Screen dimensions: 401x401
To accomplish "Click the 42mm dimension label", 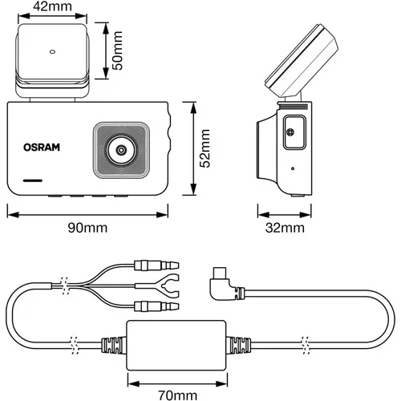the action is click(x=52, y=6).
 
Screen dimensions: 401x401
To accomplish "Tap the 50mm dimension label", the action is click(x=117, y=51).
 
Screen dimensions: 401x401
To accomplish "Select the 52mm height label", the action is click(x=205, y=148).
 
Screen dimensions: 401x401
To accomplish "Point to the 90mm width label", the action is click(x=87, y=228).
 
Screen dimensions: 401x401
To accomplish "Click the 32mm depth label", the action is click(x=285, y=228).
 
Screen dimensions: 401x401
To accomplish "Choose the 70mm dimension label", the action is click(x=178, y=395).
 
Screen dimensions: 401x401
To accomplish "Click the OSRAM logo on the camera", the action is click(x=42, y=148).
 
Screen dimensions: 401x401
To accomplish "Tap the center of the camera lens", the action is click(x=121, y=150).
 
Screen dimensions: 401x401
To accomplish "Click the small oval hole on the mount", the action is click(x=52, y=51).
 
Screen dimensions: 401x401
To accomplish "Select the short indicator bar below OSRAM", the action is click(x=33, y=180).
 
